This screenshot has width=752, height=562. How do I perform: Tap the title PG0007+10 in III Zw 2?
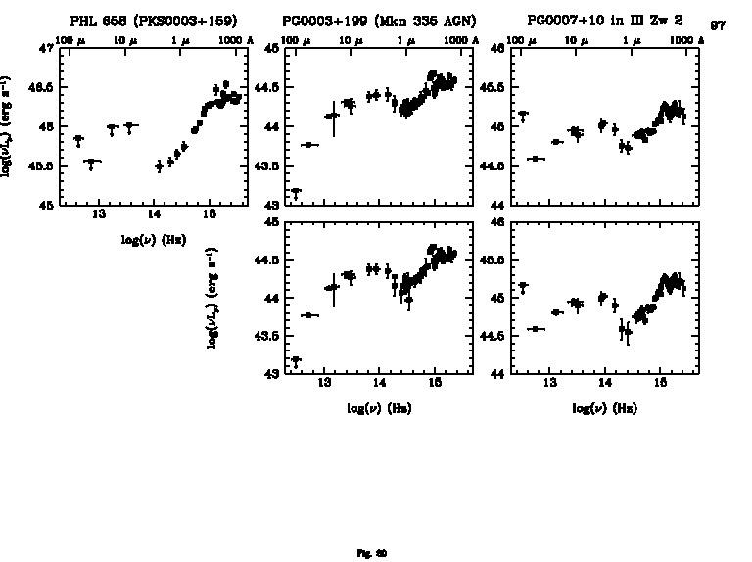[604, 21]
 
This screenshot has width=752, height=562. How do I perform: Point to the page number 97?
[718, 25]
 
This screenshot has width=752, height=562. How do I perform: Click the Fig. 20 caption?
[375, 553]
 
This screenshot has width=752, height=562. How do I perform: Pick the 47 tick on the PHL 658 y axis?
[46, 48]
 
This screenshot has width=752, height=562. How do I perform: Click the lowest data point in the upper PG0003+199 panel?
[296, 192]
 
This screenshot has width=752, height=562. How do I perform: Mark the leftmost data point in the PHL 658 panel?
[78, 139]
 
